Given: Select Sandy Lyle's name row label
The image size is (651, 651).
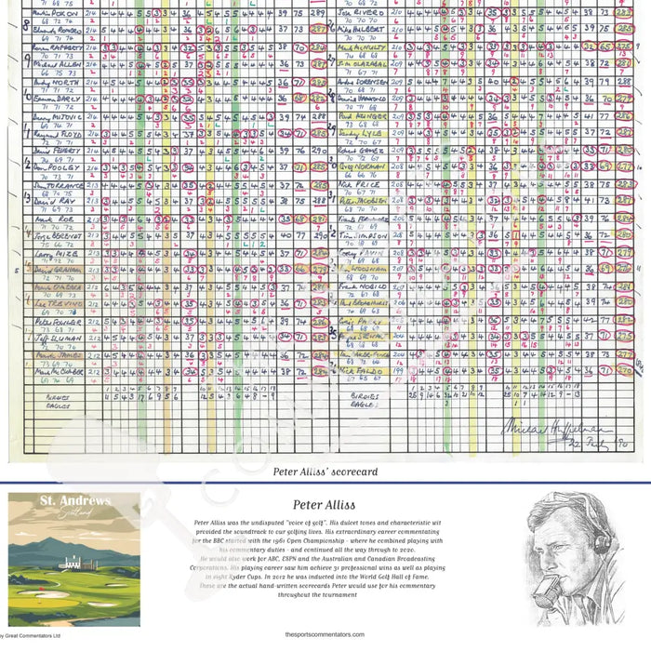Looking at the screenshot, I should (x=356, y=133).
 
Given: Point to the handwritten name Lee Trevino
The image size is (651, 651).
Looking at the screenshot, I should (x=58, y=302).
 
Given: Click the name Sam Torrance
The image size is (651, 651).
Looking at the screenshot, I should (x=59, y=185).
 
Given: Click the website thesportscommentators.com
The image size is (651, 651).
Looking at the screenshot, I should (x=325, y=635).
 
